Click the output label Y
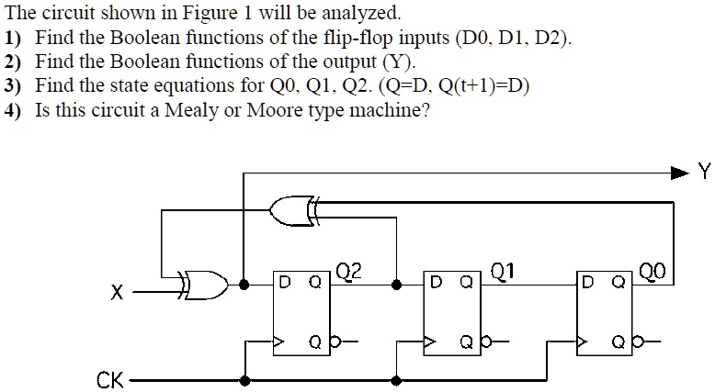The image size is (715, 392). click(x=704, y=171)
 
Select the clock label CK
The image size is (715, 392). click(x=109, y=379)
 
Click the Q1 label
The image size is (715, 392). click(x=503, y=271)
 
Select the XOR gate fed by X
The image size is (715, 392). click(x=205, y=285)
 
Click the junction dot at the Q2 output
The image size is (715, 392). click(x=395, y=285)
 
